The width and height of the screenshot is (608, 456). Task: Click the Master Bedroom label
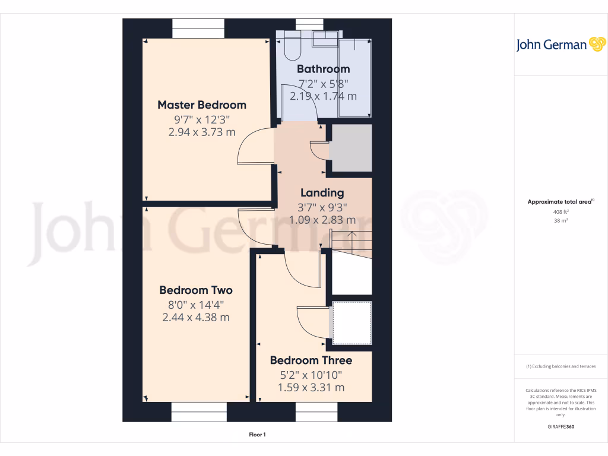201,105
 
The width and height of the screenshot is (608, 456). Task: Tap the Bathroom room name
323,69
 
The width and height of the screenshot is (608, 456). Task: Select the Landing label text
322,192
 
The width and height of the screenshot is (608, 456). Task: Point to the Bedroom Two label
195,290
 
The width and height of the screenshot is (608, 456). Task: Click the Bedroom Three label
311,360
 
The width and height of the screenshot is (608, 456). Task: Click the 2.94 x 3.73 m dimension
202,132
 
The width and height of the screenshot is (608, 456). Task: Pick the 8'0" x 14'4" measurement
195,305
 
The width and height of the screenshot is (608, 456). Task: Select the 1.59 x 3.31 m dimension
311,388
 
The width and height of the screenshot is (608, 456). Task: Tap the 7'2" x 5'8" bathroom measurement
323,84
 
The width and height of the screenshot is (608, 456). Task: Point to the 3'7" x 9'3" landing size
322,207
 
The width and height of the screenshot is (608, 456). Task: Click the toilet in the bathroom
292,46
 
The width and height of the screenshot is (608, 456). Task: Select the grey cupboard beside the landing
350,148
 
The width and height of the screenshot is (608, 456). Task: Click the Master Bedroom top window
198,28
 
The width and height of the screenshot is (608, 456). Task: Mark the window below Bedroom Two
199,411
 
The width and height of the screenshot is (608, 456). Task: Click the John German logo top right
560,45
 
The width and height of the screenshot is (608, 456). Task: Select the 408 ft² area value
560,211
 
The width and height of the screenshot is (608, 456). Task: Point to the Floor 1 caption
257,435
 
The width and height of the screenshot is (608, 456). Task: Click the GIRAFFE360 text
560,427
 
